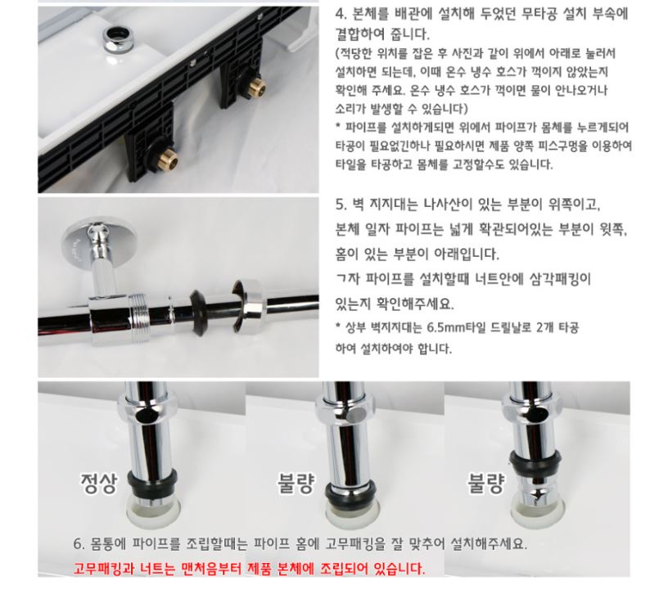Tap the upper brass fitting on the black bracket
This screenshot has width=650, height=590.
256,87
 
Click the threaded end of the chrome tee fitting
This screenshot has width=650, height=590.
139,318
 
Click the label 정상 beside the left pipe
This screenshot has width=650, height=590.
99,483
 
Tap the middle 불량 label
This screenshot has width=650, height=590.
296,483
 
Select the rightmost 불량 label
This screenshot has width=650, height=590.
485,483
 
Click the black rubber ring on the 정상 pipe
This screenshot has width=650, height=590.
152,480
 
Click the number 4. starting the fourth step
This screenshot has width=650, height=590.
341,14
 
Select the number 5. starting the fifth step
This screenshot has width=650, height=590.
341,205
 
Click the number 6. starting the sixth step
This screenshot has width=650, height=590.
79,543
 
